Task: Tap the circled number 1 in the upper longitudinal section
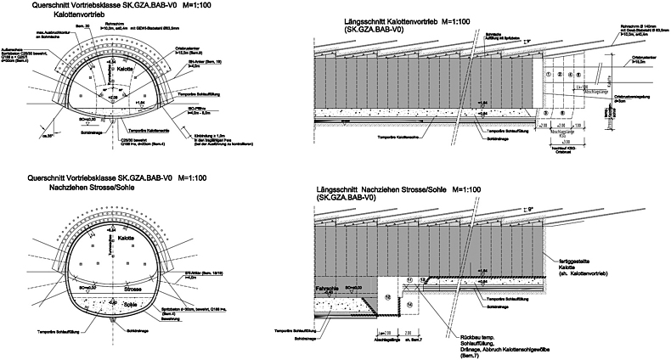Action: [550, 75]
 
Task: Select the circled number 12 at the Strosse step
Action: [424, 279]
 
